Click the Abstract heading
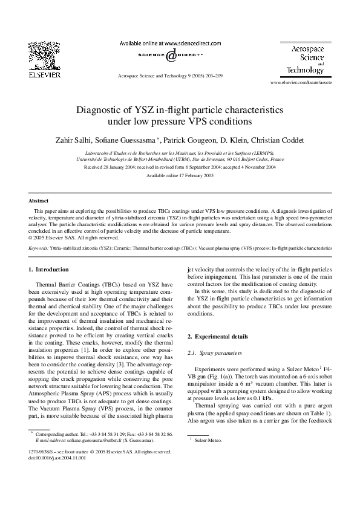(39, 200)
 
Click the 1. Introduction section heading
(49, 269)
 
